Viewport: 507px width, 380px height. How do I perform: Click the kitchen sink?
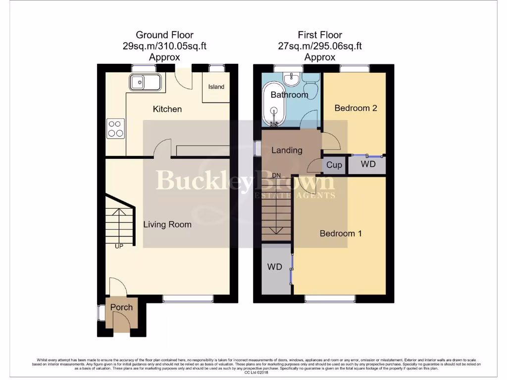coord(145,82)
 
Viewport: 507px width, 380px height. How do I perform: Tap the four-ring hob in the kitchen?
coord(116,129)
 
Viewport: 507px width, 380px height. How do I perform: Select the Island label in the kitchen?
coord(216,87)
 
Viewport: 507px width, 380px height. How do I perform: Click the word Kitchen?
coord(167,109)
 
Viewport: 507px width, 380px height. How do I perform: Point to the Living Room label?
coord(167,224)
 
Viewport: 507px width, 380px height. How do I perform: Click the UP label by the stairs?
coord(119,245)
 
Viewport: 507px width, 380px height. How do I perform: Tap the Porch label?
coord(121,307)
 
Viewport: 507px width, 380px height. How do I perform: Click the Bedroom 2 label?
coord(355,108)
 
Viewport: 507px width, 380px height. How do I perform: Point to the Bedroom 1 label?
coord(340,233)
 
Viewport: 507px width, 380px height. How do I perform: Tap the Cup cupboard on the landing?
coord(334,165)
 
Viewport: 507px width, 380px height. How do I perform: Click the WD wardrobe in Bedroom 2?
coord(367,164)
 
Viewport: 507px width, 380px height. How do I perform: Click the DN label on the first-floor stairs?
coord(277,175)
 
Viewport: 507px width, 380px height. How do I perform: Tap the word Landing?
coord(287,150)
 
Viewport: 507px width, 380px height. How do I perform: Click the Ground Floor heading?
coord(164,35)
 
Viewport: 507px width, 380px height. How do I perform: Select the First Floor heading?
coord(319,35)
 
